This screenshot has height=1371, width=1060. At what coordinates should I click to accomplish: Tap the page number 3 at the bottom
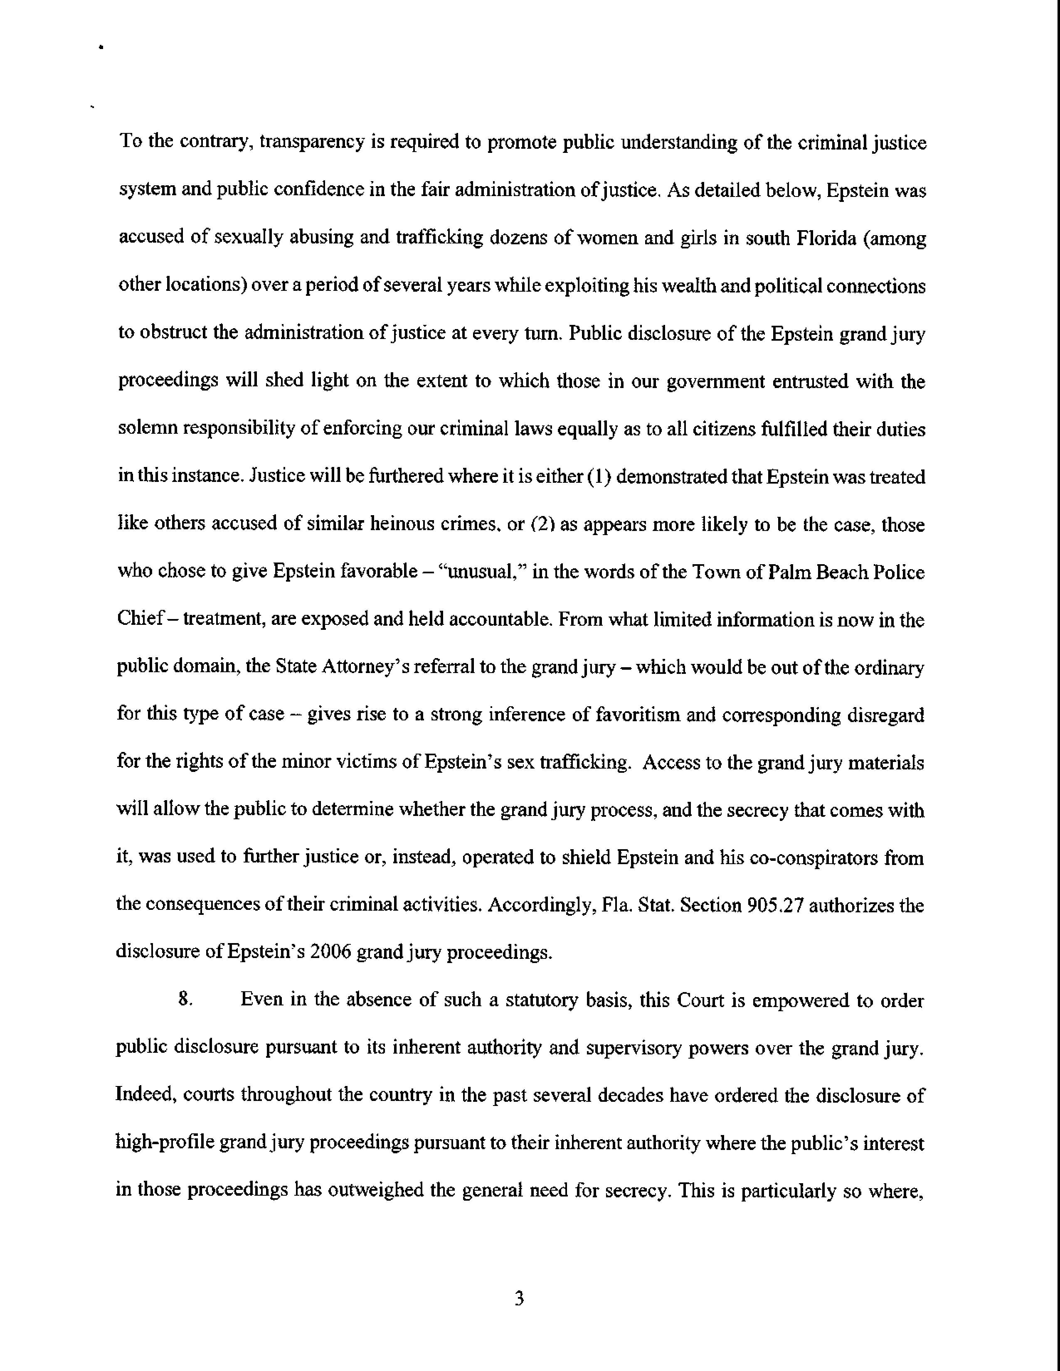[x=519, y=1299]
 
